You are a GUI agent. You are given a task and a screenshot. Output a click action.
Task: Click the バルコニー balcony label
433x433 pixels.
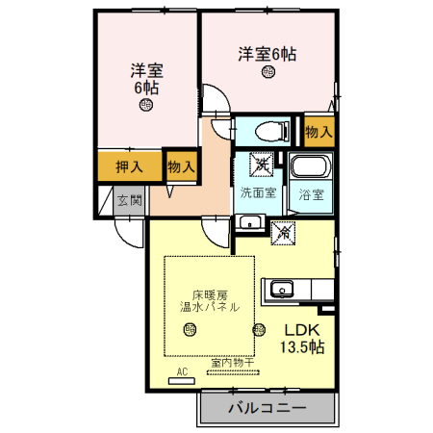point(267,409)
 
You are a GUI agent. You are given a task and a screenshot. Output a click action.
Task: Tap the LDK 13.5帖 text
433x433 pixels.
point(302,338)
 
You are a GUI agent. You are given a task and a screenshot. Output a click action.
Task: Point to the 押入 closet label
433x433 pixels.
point(129,166)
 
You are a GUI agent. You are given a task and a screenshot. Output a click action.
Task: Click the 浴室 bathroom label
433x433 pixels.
point(310,194)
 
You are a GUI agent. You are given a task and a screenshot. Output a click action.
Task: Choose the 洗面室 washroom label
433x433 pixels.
point(258,193)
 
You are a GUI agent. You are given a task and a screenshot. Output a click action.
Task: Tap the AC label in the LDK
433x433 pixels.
point(181,370)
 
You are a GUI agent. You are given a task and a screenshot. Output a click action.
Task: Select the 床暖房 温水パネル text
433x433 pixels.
point(210,300)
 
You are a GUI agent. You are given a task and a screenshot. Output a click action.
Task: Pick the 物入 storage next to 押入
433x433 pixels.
point(180,166)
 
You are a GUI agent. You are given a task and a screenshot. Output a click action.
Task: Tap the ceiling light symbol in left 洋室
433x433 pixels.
point(146,107)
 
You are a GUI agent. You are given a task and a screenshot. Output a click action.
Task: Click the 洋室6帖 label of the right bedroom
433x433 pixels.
point(267,54)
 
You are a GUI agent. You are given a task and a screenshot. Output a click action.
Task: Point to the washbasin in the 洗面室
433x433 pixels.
point(251,223)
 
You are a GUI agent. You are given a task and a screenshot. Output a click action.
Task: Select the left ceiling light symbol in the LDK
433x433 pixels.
point(190,330)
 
